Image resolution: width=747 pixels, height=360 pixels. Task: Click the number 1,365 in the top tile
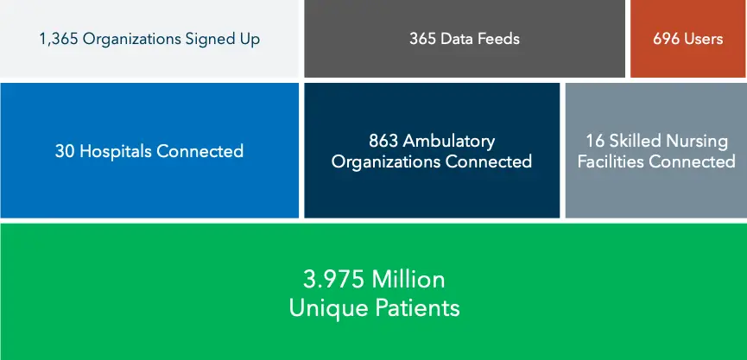59,39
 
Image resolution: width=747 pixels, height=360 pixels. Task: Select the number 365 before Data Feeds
422,39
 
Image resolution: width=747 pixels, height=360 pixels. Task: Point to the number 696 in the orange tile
666,39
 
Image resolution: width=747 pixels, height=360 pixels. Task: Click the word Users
703,39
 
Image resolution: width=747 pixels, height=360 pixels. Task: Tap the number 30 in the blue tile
65,151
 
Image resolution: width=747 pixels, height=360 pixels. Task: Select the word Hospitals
116,152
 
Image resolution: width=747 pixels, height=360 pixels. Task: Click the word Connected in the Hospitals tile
200,151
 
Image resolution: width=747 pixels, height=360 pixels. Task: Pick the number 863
383,141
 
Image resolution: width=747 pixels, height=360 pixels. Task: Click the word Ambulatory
449,142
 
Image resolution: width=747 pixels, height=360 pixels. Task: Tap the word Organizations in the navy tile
386,162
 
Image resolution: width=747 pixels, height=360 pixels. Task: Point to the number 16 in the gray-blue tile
595,141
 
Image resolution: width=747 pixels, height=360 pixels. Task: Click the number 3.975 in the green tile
334,280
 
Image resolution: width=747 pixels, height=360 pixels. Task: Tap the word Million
408,280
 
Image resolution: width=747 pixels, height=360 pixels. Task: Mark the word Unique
329,308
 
